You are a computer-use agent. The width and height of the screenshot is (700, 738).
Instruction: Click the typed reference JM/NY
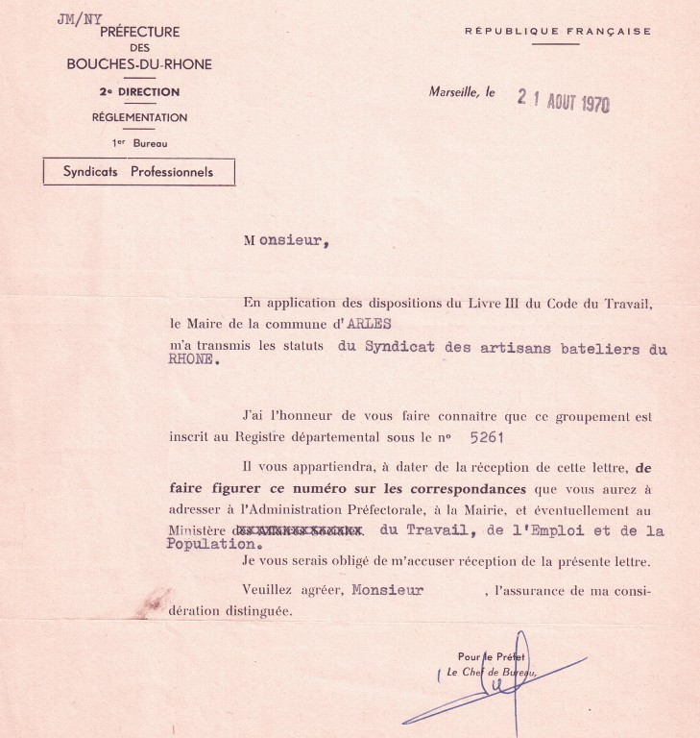pos(80,19)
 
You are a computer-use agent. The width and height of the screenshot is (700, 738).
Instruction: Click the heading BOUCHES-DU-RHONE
pos(139,64)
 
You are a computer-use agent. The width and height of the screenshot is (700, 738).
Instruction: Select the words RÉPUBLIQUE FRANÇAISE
pos(557,32)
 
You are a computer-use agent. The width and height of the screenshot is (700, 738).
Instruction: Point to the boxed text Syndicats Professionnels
pos(138,173)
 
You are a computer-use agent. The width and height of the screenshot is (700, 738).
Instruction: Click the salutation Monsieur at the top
pos(286,241)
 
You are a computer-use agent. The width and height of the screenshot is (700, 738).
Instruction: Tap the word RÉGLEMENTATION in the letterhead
pos(139,118)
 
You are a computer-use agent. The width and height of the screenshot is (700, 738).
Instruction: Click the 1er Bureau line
pos(139,142)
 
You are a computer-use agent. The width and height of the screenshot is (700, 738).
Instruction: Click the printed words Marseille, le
pos(463,93)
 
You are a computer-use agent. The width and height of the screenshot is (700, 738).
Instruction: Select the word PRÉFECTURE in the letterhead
pos(139,32)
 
